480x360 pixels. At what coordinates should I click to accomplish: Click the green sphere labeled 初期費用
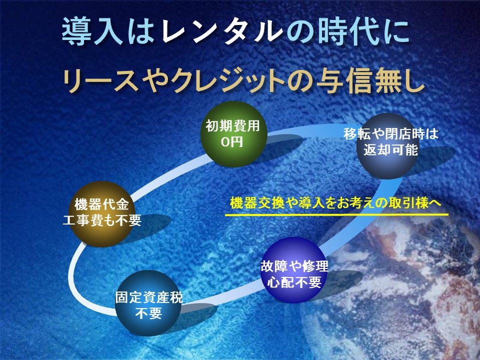pos(233,134)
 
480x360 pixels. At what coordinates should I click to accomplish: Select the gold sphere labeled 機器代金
pos(101,214)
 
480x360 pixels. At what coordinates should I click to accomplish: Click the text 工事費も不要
pos(102,220)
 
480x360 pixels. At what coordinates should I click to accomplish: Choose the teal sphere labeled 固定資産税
pos(149,303)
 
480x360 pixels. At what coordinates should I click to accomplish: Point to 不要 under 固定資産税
pos(149,313)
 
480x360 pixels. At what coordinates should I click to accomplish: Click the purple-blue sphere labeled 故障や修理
pos(294,270)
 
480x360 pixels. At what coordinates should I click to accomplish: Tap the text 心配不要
pos(294,282)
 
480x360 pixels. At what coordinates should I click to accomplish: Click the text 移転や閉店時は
pos(391,134)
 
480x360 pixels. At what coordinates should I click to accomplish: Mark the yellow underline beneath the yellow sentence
pos(336,214)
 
